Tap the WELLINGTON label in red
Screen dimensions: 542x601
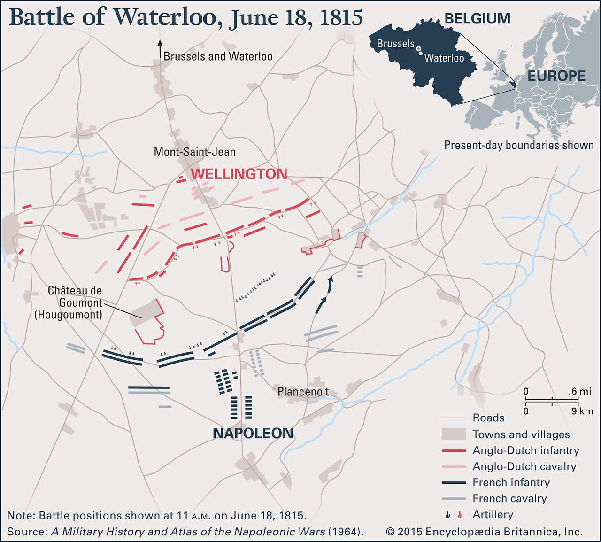point(239,174)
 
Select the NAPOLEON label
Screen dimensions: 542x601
point(253,433)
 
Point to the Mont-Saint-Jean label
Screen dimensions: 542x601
point(194,152)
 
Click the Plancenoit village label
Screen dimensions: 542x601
point(303,392)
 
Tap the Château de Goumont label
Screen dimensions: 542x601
point(75,297)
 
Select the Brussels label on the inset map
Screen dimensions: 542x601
point(395,44)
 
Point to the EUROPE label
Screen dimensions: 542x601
point(556,76)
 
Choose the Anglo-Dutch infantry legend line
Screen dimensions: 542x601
point(454,451)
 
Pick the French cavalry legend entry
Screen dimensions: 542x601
point(509,499)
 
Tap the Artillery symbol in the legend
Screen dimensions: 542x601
point(454,515)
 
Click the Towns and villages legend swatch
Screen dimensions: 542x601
point(454,434)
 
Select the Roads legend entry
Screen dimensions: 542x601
point(488,418)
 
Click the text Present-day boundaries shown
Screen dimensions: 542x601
point(519,146)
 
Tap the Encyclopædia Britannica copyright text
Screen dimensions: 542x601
point(484,532)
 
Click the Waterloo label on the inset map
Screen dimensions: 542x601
point(444,58)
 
